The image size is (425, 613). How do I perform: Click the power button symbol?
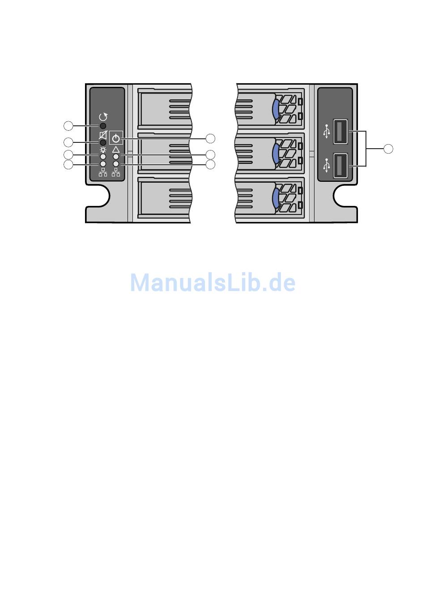[116, 138]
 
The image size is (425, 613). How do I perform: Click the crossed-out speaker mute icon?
[103, 135]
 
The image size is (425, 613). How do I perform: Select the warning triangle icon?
[116, 150]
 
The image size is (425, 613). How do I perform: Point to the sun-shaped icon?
[103, 150]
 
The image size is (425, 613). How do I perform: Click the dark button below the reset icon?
[103, 126]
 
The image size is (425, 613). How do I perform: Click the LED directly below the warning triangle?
[116, 157]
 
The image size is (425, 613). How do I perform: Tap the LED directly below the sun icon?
[103, 157]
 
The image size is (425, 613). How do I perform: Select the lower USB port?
[340, 166]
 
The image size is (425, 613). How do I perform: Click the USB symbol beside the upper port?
[327, 132]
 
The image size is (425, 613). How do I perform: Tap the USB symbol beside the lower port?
[327, 165]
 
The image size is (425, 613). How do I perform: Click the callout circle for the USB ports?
[388, 149]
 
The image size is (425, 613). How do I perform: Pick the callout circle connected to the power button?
[210, 138]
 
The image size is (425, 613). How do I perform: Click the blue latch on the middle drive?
[276, 153]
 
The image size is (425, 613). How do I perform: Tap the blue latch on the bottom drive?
[276, 198]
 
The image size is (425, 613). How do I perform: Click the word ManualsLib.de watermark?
[212, 283]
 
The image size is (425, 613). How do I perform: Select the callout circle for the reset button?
[68, 125]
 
